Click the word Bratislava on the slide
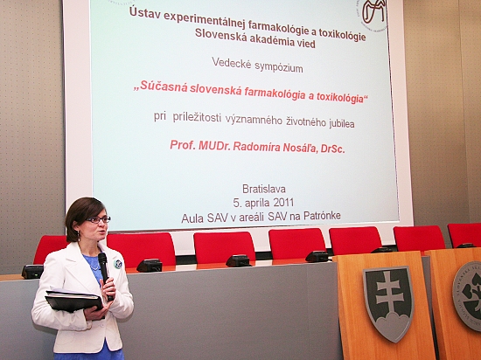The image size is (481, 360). click(x=264, y=189)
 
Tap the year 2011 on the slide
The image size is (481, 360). click(x=283, y=203)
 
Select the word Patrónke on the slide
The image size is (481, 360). click(x=322, y=216)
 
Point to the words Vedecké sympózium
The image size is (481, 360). click(x=257, y=65)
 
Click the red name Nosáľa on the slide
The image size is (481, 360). click(x=300, y=148)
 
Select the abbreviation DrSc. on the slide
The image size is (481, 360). click(x=333, y=149)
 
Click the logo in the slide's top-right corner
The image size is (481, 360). click(x=373, y=12)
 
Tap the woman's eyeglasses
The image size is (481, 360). click(x=99, y=219)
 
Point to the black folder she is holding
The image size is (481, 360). click(x=74, y=301)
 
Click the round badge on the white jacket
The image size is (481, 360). click(x=118, y=264)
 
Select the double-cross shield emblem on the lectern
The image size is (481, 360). click(x=389, y=303)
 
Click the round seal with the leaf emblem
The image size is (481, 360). click(x=468, y=295)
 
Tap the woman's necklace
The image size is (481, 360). click(x=95, y=267)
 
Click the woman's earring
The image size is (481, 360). click(x=79, y=236)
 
